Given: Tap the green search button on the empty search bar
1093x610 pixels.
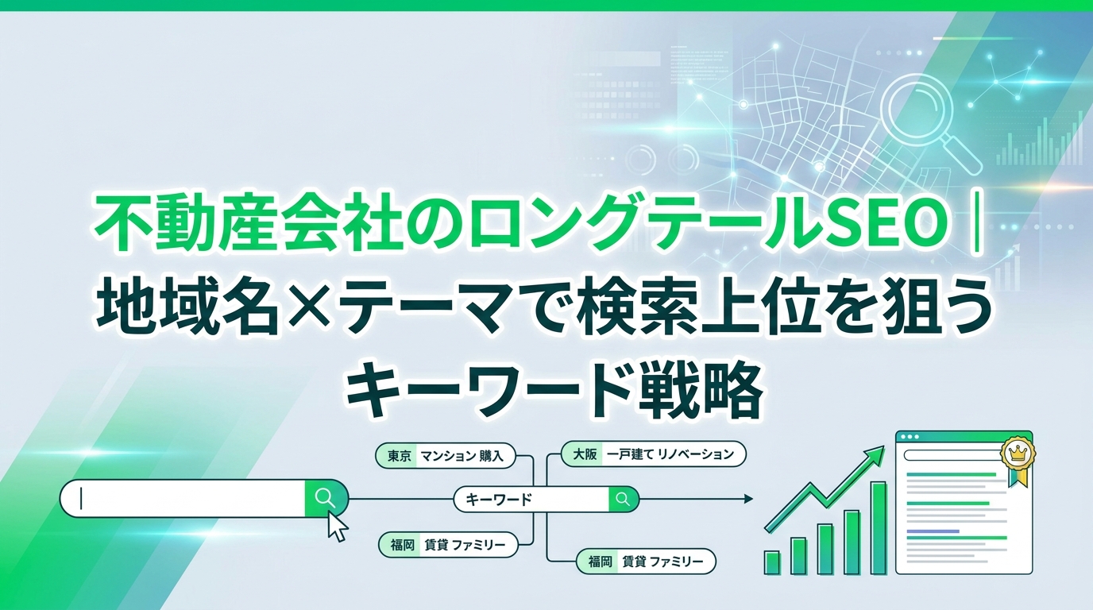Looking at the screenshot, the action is pyautogui.click(x=326, y=498).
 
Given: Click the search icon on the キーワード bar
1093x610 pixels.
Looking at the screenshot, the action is pyautogui.click(x=623, y=499).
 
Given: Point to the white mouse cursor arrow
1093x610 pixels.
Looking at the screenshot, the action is pyautogui.click(x=337, y=526).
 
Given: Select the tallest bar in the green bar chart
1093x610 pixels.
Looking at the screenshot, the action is pyautogui.click(x=879, y=527).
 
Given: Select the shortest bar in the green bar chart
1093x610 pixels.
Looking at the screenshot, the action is pyautogui.click(x=772, y=562).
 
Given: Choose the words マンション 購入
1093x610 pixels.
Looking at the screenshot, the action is pyautogui.click(x=461, y=456).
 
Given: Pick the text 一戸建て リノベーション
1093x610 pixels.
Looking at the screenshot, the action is pyautogui.click(x=670, y=454).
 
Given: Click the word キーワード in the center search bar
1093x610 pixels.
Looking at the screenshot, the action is pyautogui.click(x=499, y=500).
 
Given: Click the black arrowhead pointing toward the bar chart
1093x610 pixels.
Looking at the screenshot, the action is pyautogui.click(x=748, y=499).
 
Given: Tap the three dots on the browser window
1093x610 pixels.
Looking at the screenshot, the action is pyautogui.click(x=910, y=436).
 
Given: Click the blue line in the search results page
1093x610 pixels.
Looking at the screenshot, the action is pyautogui.click(x=933, y=531).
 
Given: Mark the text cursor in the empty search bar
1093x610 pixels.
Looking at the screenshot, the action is pyautogui.click(x=82, y=499).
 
